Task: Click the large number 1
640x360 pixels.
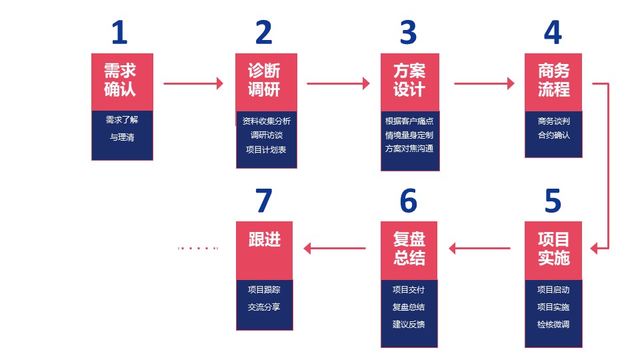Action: [x=119, y=32]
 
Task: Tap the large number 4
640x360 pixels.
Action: [x=553, y=32]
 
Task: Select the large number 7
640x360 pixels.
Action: [x=264, y=201]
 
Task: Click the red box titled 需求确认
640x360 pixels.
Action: [x=122, y=81]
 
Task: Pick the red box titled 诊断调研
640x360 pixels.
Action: [x=266, y=81]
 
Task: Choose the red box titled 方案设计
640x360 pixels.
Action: [x=410, y=81]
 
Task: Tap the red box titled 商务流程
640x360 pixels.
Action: [x=553, y=81]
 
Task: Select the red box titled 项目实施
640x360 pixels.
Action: [x=553, y=249]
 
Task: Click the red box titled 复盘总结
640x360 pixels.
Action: [x=409, y=249]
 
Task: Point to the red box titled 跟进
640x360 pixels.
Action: [x=265, y=249]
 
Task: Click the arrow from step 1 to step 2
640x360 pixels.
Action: [x=193, y=83]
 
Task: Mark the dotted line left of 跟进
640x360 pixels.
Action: [x=199, y=248]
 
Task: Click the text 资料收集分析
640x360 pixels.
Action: [x=267, y=121]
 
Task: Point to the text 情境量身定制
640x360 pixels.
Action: [x=409, y=135]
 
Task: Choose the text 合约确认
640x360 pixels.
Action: [x=553, y=135]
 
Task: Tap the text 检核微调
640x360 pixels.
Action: [x=553, y=325]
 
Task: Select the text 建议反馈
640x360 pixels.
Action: [x=409, y=325]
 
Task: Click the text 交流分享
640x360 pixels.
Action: [x=264, y=307]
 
